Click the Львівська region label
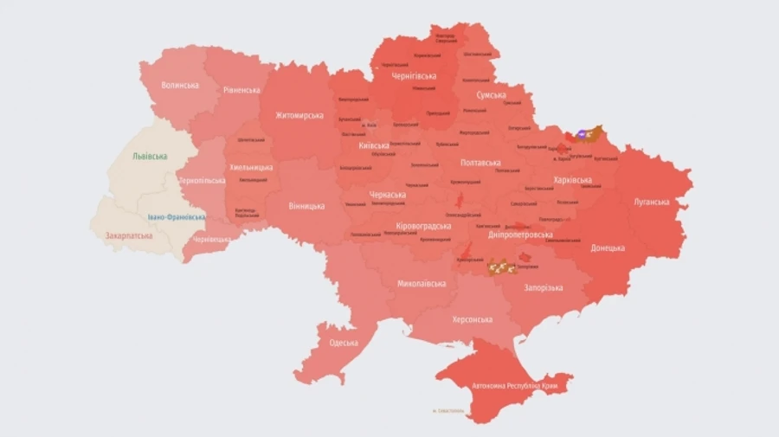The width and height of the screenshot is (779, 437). click(x=150, y=157)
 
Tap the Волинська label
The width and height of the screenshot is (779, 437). click(x=180, y=85)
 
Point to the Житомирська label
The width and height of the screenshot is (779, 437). click(x=299, y=115)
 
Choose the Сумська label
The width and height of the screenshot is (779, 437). click(x=491, y=95)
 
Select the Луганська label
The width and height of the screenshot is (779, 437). click(x=651, y=202)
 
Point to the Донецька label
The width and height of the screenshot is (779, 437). click(x=607, y=247)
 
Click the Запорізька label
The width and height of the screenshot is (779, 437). click(x=544, y=287)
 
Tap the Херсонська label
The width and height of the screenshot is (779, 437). click(x=472, y=319)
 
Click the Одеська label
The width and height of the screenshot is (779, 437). click(x=344, y=343)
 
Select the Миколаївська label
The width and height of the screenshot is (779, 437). click(x=422, y=284)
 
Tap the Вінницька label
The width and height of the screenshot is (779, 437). click(x=306, y=206)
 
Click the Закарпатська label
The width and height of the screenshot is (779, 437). click(x=129, y=235)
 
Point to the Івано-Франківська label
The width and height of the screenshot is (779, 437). click(x=176, y=217)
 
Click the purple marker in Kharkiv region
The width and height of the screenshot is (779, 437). click(x=583, y=134)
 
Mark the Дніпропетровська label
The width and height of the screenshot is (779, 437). click(x=520, y=235)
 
